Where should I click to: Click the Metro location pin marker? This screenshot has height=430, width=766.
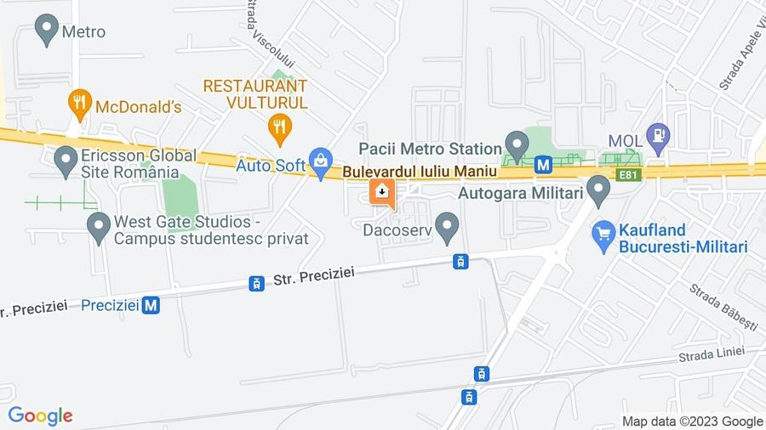[x=46, y=30]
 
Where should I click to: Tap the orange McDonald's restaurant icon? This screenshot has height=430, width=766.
[x=79, y=105]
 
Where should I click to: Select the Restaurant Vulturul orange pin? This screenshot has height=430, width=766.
[x=279, y=129]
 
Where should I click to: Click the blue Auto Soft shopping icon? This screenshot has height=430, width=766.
[x=321, y=162]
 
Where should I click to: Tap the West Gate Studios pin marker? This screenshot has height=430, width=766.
[x=100, y=226]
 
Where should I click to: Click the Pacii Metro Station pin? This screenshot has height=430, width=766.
[x=516, y=144]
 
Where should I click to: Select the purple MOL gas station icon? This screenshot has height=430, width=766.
[x=658, y=135]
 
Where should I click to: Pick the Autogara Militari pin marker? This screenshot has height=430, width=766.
[x=599, y=190]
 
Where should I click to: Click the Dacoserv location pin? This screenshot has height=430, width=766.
[x=447, y=226]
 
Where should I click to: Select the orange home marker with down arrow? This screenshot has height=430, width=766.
[x=382, y=192]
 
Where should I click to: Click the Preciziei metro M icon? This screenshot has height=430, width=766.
[x=151, y=304]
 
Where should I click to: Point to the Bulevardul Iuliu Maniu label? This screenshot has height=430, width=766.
[x=420, y=172]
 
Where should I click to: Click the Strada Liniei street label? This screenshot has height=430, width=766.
[x=712, y=354]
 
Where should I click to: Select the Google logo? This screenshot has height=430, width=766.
[x=40, y=416]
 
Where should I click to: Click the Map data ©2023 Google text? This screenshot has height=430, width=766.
[x=692, y=422]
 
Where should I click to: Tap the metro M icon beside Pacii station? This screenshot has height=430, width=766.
[x=544, y=163]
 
